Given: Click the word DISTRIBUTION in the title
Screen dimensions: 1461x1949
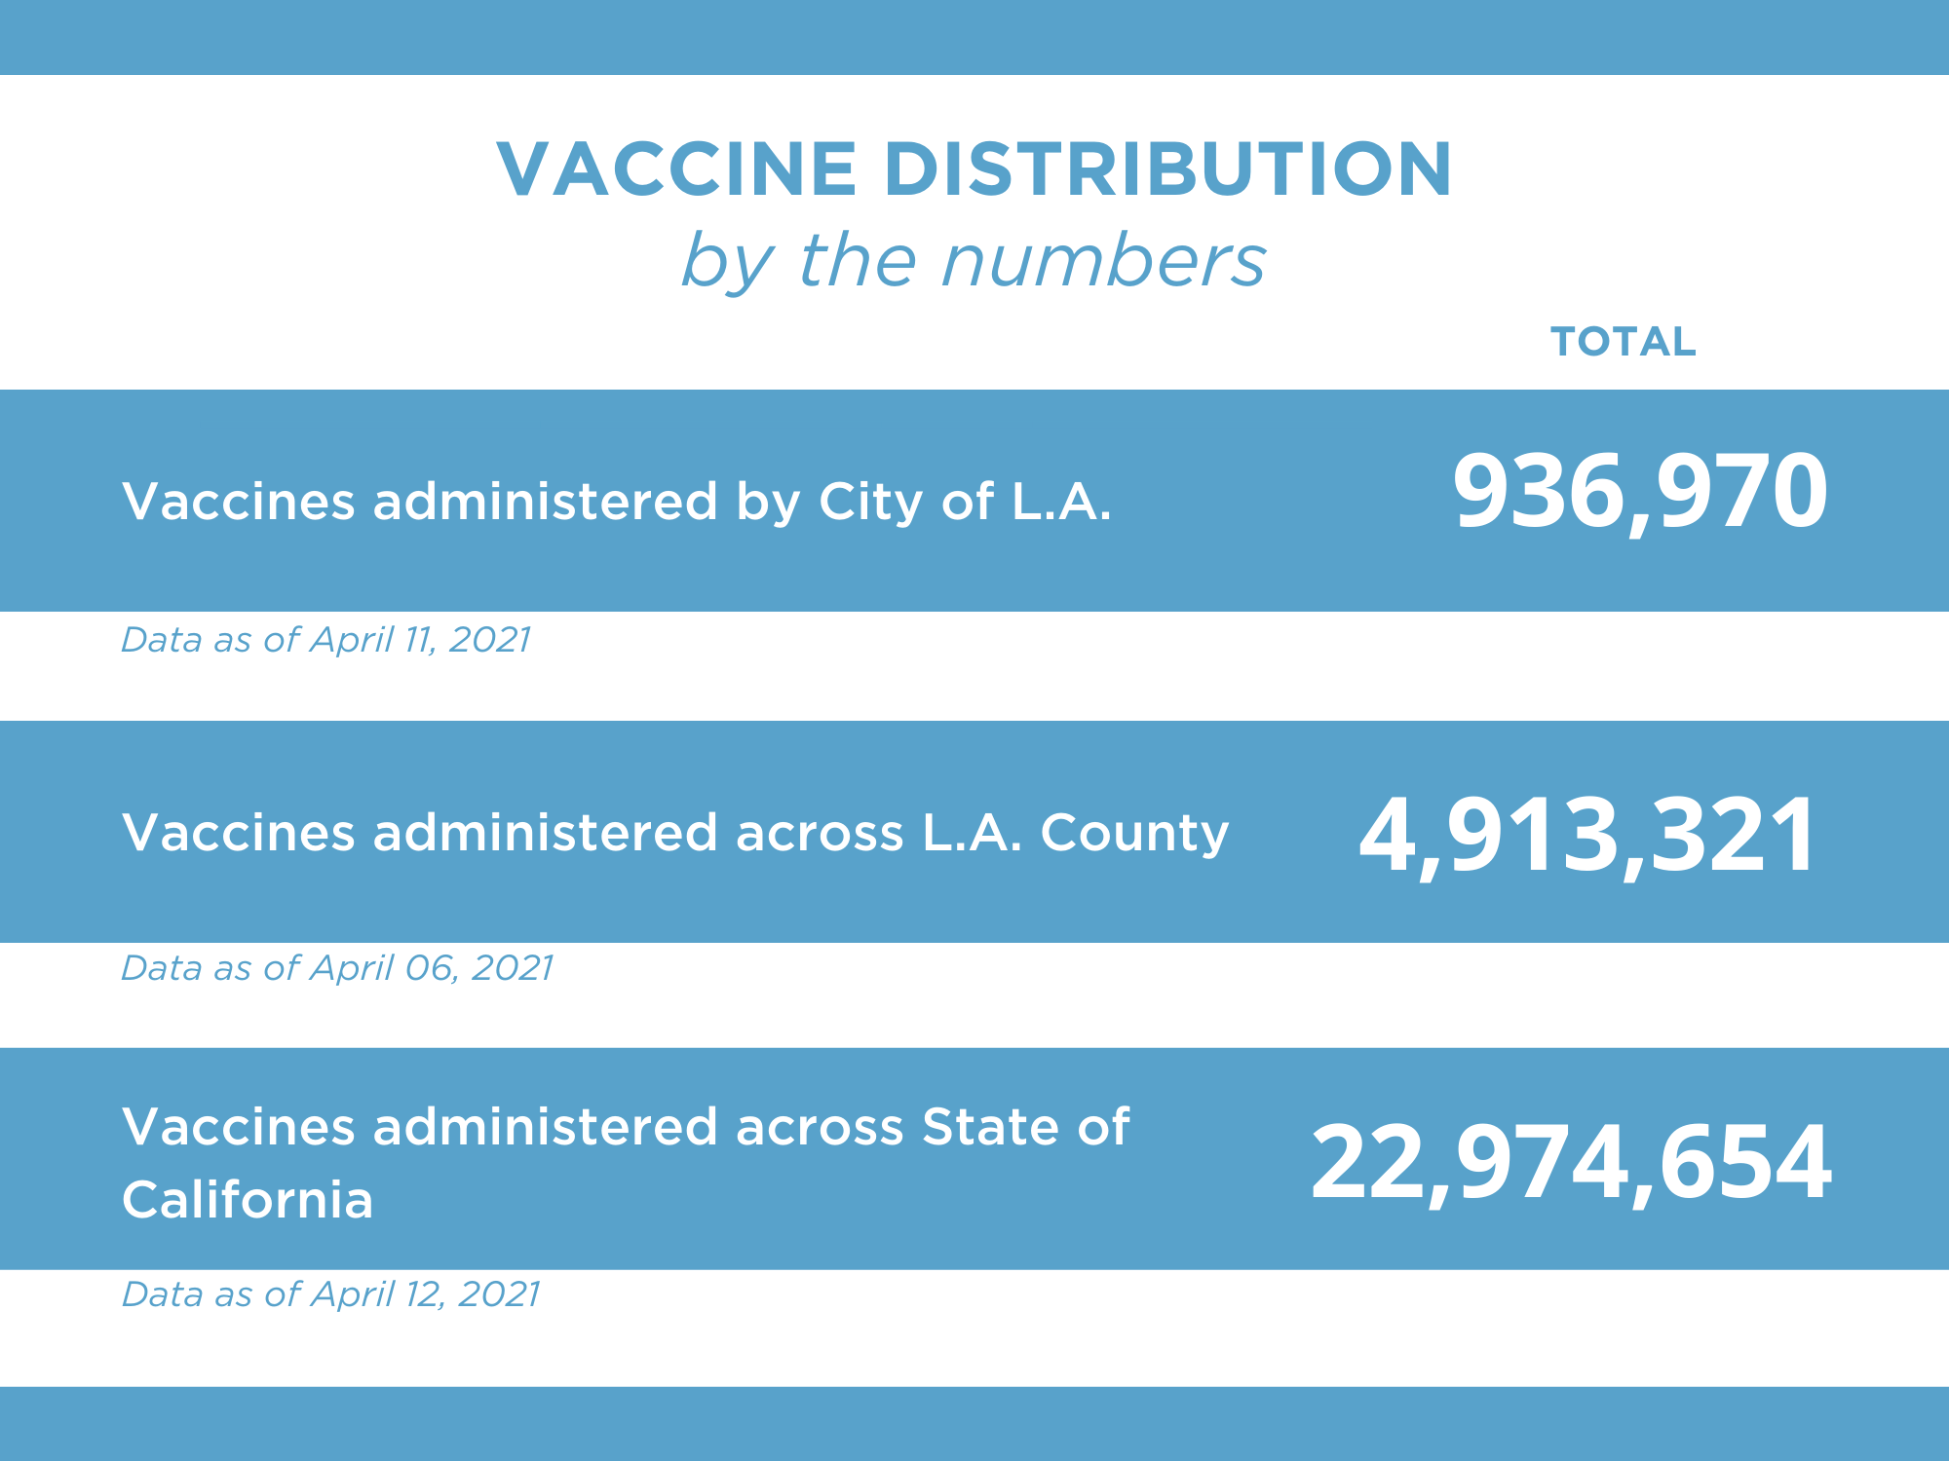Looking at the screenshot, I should pyautogui.click(x=1167, y=169).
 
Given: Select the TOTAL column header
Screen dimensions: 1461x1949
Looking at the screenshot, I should pyautogui.click(x=1623, y=342).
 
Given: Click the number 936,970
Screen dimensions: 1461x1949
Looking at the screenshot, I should pyautogui.click(x=1639, y=491).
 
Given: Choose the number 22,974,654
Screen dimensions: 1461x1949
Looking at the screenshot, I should pyautogui.click(x=1571, y=1161).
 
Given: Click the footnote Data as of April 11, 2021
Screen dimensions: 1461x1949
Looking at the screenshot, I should pyautogui.click(x=325, y=640).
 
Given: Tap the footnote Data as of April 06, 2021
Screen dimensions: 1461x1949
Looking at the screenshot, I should pyautogui.click(x=337, y=968).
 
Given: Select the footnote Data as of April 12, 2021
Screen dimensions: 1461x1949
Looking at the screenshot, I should pyautogui.click(x=330, y=1294).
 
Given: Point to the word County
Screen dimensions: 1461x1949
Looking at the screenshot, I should pyautogui.click(x=1134, y=834).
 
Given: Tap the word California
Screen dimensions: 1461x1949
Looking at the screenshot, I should pyautogui.click(x=248, y=1200).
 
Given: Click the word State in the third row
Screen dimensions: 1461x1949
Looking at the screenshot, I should pyautogui.click(x=988, y=1127).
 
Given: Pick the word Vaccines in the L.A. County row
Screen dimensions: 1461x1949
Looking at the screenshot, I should pyautogui.click(x=238, y=833).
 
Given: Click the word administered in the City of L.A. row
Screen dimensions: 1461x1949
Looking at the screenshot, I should pyautogui.click(x=545, y=502).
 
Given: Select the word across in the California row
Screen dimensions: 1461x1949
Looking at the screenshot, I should pyautogui.click(x=820, y=1127).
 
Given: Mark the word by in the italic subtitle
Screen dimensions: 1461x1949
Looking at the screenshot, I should pyautogui.click(x=727, y=263).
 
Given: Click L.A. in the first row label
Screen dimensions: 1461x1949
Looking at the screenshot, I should pyautogui.click(x=1061, y=502).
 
